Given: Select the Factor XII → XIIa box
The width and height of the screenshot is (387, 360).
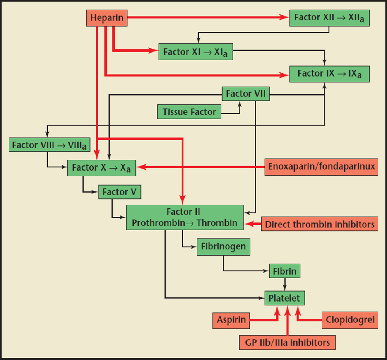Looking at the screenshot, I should (329, 18).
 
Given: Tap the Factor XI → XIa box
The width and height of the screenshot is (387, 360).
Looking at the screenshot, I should (195, 52).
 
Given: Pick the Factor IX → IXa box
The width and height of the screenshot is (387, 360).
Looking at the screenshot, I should (329, 73).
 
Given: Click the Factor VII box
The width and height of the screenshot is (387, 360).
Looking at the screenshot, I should (246, 94).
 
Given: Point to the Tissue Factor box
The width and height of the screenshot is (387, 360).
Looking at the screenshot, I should (189, 112).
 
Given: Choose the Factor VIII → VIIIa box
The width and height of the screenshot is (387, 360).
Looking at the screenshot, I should (49, 145).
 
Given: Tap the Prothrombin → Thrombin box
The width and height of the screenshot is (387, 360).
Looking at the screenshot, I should (185, 217).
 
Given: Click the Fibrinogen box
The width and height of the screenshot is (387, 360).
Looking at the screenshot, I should (223, 247).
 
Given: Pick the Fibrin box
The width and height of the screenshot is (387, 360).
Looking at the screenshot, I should (285, 271).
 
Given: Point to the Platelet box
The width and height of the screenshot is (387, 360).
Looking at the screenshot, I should (285, 298).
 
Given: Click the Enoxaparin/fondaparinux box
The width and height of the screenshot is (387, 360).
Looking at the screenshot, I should (321, 167).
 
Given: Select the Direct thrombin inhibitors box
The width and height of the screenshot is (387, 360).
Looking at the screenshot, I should (320, 224).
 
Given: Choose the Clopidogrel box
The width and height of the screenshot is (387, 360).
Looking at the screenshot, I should (350, 320).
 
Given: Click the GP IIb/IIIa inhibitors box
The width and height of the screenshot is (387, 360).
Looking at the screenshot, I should (287, 342).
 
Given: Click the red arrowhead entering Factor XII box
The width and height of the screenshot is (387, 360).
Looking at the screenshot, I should (286, 18).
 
